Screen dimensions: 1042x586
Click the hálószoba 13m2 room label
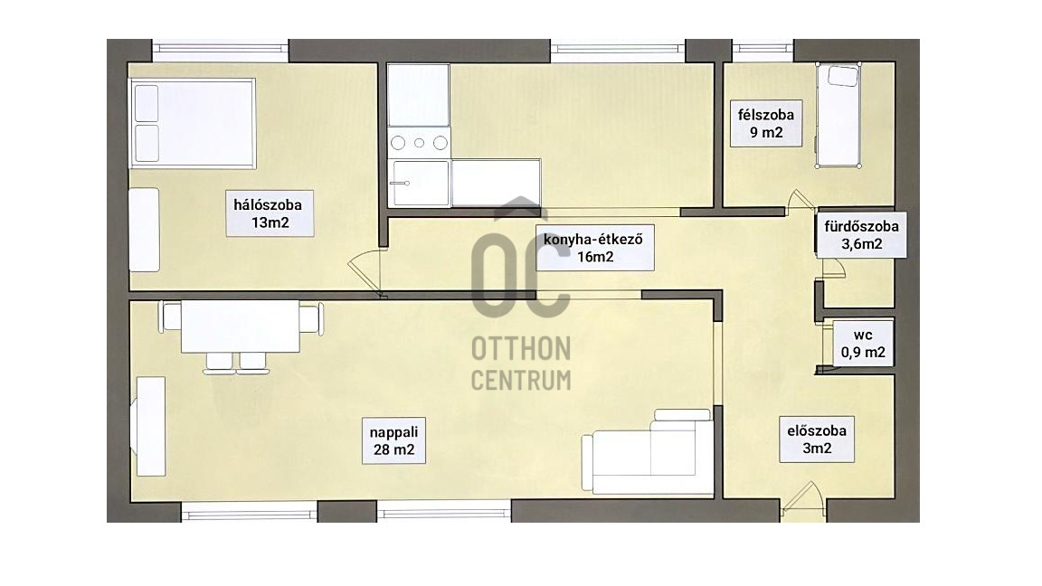click(270, 213)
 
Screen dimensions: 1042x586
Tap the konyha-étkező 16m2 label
click(594, 248)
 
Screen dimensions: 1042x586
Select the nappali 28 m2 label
click(394, 440)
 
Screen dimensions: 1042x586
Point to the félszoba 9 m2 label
click(766, 123)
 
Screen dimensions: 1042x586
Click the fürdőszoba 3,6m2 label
click(861, 235)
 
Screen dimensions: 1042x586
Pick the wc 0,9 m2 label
click(863, 344)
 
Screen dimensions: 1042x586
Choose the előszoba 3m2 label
click(817, 439)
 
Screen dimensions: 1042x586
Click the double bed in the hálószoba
click(194, 123)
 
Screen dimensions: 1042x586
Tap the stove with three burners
click(420, 143)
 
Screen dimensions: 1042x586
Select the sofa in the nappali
click(648, 452)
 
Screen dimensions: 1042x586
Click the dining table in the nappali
click(240, 326)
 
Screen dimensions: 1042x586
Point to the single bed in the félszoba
click(838, 115)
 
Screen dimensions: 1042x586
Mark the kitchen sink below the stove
click(420, 183)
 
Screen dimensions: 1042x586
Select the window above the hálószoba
click(221, 50)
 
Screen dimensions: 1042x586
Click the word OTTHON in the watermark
click(521, 349)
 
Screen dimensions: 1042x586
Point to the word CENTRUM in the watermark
click(521, 381)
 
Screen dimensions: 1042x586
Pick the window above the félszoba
click(763, 50)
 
